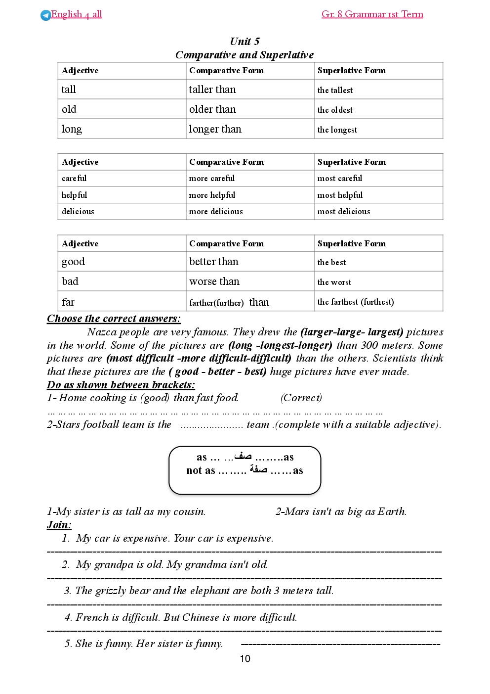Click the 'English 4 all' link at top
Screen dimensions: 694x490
click(x=76, y=14)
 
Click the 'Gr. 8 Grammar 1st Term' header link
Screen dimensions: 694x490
click(x=372, y=14)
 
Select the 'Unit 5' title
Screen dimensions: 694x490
click(x=245, y=41)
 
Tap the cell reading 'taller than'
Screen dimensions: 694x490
click(x=212, y=90)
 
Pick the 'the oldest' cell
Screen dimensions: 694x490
click(x=335, y=110)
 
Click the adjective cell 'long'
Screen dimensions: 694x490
click(x=72, y=129)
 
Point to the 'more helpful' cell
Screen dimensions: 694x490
click(x=212, y=195)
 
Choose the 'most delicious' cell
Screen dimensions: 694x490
click(x=344, y=211)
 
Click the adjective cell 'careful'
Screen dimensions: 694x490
click(x=74, y=178)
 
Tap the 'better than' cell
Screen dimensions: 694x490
click(x=213, y=262)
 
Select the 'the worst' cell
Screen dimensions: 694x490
click(x=334, y=282)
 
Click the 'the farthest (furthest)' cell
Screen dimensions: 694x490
click(x=356, y=302)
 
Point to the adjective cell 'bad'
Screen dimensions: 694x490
click(x=70, y=281)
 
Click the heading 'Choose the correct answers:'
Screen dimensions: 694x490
click(x=114, y=319)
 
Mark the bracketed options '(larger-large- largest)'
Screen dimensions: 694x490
click(x=352, y=332)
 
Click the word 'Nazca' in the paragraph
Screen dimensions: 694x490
click(x=102, y=332)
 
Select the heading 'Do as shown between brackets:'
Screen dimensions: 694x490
click(x=121, y=385)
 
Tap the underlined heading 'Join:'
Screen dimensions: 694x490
click(x=59, y=525)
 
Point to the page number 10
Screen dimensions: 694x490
click(x=245, y=658)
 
